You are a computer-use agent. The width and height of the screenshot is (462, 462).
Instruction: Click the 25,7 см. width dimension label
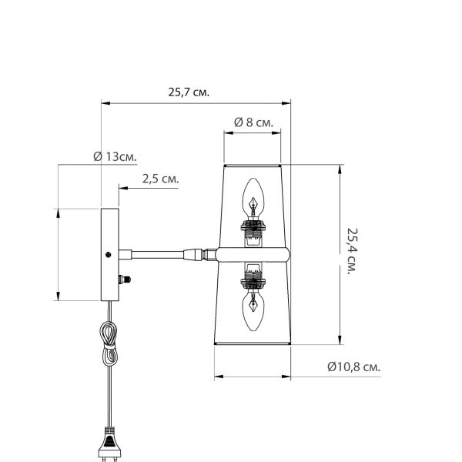tap(189, 92)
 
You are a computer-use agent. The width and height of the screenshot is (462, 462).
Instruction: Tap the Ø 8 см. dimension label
tap(253, 122)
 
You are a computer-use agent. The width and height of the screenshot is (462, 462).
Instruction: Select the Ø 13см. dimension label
tap(115, 156)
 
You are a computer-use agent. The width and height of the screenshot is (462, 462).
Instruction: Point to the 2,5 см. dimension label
tap(161, 179)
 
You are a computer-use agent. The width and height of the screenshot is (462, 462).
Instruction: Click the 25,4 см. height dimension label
tap(353, 251)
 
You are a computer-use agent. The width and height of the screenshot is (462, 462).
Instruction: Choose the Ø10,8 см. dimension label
tap(354, 367)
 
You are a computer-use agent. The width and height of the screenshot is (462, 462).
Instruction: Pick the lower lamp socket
tap(253, 276)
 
